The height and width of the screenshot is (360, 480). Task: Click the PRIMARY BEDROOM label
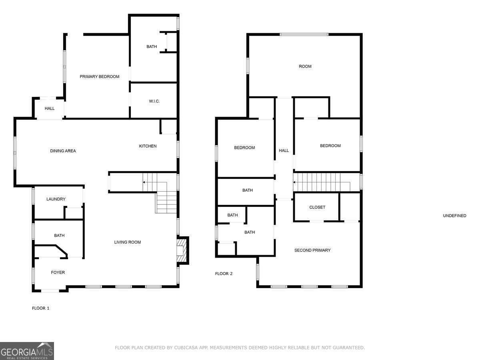pos(99,77)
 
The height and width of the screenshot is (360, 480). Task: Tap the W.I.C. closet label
pos(154,101)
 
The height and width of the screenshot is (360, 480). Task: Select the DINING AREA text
pos(63,151)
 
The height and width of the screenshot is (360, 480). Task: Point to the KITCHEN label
pos(148,146)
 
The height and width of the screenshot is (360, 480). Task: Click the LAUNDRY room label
pos(56,199)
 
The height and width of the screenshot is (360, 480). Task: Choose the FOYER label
pos(58,272)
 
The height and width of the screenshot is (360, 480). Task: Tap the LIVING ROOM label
pos(127,242)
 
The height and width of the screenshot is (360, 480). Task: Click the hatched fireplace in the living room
pos(182,250)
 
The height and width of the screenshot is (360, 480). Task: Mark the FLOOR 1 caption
pos(40,308)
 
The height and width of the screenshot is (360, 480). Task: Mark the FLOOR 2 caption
pos(224,274)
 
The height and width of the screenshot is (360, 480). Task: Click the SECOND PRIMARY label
pos(312,250)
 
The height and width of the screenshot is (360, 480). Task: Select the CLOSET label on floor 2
pos(317,207)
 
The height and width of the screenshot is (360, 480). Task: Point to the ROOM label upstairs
pos(305,66)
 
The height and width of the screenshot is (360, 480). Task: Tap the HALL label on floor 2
pos(284,150)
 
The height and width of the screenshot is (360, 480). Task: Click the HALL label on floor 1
pos(50,108)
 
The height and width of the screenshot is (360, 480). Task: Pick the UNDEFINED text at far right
pos(454,216)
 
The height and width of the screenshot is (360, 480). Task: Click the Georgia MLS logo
pos(27,351)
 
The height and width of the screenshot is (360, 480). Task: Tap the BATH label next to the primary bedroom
pos(152,47)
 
